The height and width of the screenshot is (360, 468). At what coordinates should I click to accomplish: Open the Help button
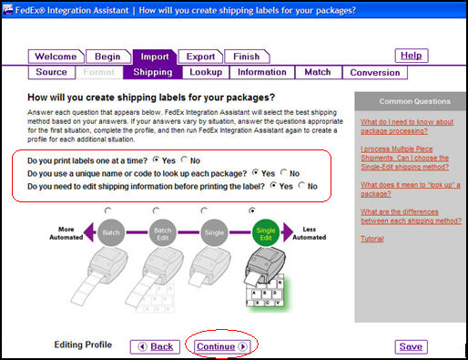pyautogui.click(x=411, y=56)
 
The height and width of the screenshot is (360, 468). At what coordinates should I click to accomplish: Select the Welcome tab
pyautogui.click(x=55, y=57)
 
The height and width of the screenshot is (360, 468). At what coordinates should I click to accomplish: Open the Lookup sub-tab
pyautogui.click(x=206, y=72)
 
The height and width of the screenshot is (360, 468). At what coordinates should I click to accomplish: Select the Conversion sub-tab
pyautogui.click(x=374, y=72)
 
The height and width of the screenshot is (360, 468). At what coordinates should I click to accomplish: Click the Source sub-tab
pyautogui.click(x=51, y=72)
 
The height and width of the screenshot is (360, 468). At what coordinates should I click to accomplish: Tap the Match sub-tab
pyautogui.click(x=317, y=72)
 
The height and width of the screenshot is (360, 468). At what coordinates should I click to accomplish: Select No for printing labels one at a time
pyautogui.click(x=185, y=159)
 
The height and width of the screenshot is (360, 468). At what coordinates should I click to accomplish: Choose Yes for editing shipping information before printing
pyautogui.click(x=274, y=186)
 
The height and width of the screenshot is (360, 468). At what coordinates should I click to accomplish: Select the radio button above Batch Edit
pyautogui.click(x=160, y=210)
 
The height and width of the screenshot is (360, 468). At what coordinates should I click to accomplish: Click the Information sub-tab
pyautogui.click(x=261, y=72)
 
